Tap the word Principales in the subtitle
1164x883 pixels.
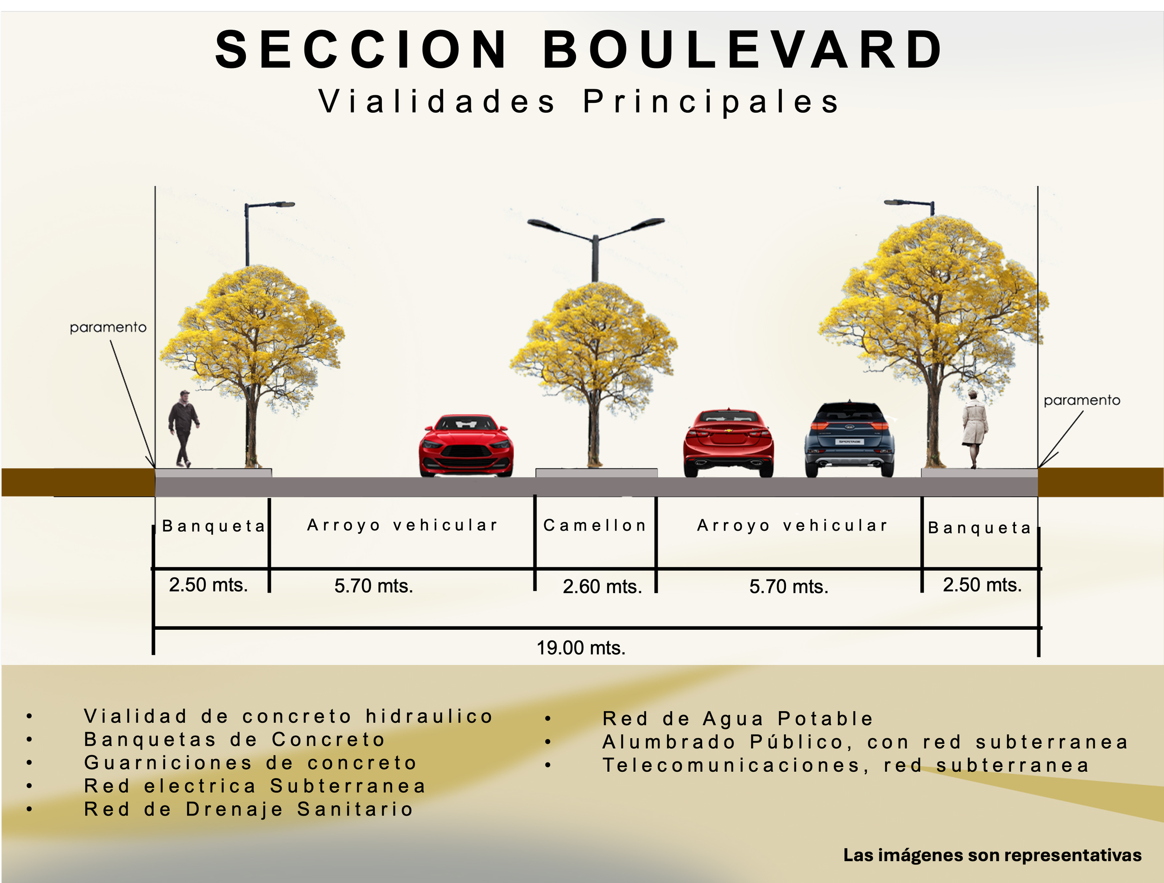pyautogui.click(x=711, y=101)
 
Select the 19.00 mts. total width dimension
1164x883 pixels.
pyautogui.click(x=581, y=648)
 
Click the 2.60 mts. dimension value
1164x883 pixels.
pyautogui.click(x=602, y=586)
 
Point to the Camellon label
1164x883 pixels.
pyautogui.click(x=595, y=525)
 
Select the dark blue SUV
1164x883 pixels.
pyautogui.click(x=849, y=440)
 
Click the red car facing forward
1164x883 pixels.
pyautogui.click(x=466, y=446)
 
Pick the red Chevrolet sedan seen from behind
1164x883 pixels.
pyautogui.click(x=728, y=443)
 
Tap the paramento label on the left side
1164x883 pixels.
pyautogui.click(x=108, y=327)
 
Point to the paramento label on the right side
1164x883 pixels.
pyautogui.click(x=1082, y=400)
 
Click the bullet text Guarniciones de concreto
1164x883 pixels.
pyautogui.click(x=250, y=762)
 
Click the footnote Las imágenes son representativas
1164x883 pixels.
pyautogui.click(x=992, y=855)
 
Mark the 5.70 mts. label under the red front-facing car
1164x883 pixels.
pyautogui.click(x=373, y=586)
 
